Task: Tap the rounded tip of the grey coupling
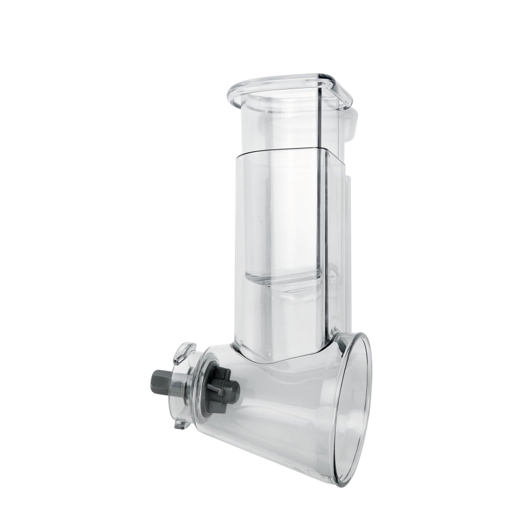(x=236, y=389)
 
